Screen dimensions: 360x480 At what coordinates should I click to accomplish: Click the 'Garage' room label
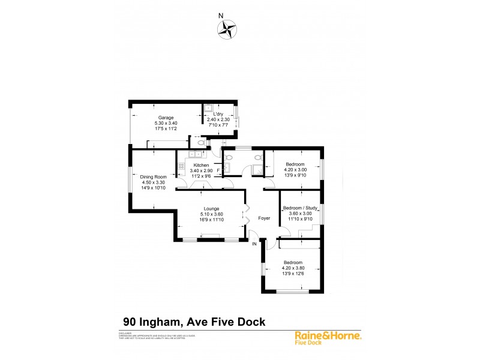coord(166,117)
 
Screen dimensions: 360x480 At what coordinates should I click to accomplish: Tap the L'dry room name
coord(218,114)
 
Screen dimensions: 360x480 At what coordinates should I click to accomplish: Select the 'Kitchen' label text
coord(201,165)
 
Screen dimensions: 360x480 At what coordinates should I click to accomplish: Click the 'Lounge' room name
coord(211,208)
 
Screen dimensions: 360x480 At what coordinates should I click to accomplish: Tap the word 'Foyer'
coord(264,218)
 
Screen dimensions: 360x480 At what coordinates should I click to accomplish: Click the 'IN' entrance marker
coord(254,244)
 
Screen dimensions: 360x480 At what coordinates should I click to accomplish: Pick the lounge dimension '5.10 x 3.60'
coord(211,214)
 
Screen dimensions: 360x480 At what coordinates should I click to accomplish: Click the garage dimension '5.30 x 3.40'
coord(166,123)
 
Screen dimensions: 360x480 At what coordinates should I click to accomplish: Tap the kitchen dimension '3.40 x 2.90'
coord(201,171)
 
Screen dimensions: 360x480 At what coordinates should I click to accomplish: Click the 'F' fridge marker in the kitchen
coord(218,171)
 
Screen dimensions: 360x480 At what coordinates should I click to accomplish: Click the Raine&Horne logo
coord(328,337)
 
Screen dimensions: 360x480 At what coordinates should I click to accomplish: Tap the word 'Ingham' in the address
coord(166,322)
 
